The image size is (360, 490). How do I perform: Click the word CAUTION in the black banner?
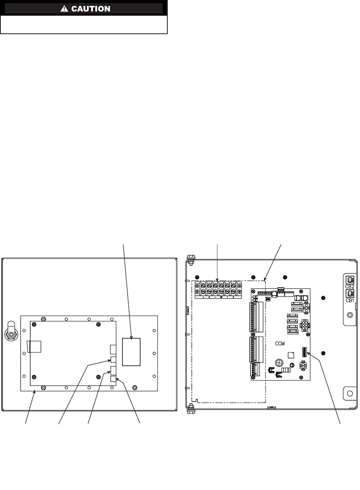(91, 9)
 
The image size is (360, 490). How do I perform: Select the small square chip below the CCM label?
(290, 355)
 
